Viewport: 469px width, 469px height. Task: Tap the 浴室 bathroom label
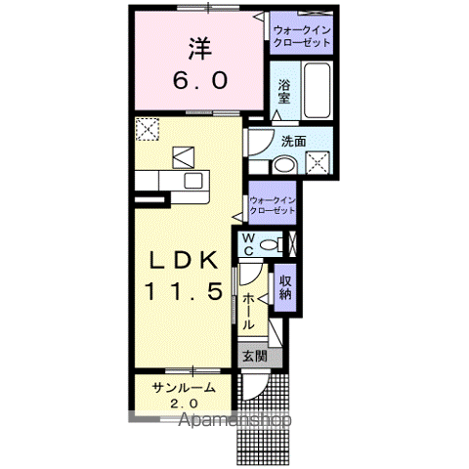tap(284, 91)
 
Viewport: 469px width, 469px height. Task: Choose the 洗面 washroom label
tap(294, 142)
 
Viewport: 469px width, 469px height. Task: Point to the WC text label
tap(249, 243)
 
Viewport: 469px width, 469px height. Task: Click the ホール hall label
tap(250, 312)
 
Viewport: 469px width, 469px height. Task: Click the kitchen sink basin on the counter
tap(192, 181)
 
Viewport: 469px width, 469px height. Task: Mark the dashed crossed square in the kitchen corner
tap(148, 127)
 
